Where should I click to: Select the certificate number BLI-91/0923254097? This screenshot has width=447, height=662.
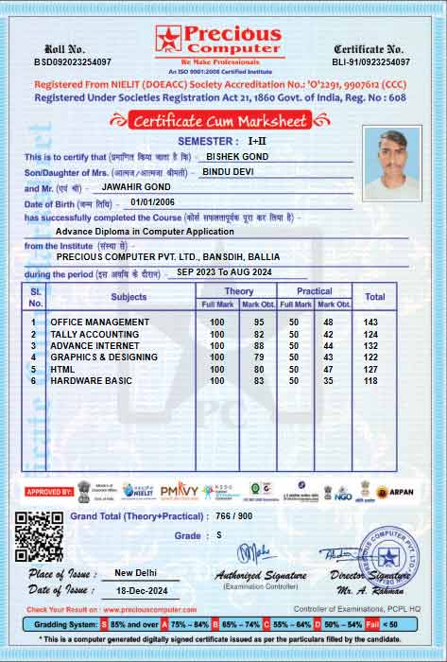click(x=370, y=61)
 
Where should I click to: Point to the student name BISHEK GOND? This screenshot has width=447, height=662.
click(x=237, y=156)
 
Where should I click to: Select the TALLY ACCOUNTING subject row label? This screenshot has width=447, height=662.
click(x=95, y=334)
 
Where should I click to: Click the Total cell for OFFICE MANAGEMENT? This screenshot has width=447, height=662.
click(x=370, y=322)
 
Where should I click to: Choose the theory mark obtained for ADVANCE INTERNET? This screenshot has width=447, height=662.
click(x=258, y=346)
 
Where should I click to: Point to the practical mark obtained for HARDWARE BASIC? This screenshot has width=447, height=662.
click(x=328, y=380)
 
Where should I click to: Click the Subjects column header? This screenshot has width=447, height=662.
click(x=129, y=297)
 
